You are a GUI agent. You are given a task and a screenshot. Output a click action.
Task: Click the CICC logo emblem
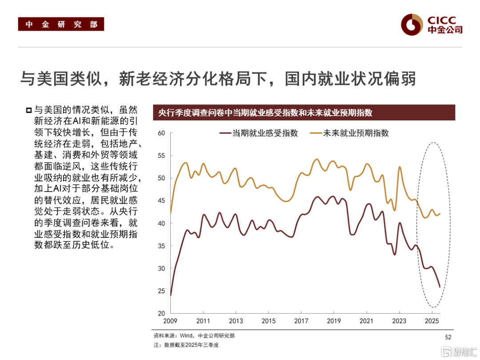(x=411, y=24)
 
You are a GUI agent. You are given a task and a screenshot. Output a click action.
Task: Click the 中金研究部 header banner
(x=61, y=24)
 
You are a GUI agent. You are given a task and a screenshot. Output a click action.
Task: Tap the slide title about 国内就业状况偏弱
(x=218, y=79)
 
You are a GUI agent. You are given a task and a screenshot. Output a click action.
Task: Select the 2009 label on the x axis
(x=171, y=321)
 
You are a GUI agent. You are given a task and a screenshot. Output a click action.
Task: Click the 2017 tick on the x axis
(x=301, y=321)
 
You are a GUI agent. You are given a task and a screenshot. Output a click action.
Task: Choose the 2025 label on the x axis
(x=432, y=321)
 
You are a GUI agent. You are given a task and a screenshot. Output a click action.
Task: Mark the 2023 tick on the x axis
(x=399, y=321)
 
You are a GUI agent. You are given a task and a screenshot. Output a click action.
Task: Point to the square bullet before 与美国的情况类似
(x=29, y=110)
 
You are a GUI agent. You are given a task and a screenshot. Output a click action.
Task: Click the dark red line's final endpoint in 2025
(x=440, y=287)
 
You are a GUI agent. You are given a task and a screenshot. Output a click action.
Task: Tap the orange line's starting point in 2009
(x=171, y=213)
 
